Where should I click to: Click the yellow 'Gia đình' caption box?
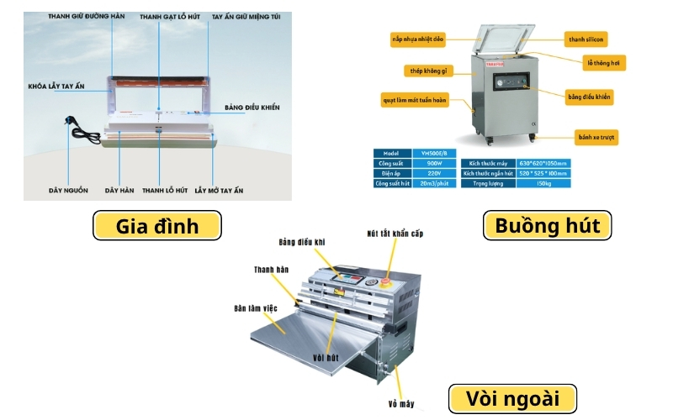pos(158,226)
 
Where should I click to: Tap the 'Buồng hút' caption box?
pos(548,226)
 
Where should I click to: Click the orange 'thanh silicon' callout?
pos(586,39)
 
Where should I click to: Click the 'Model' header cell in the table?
pos(391,153)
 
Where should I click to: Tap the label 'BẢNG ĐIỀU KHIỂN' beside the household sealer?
pos(252,108)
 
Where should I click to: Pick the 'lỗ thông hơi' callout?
pos(605,62)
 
